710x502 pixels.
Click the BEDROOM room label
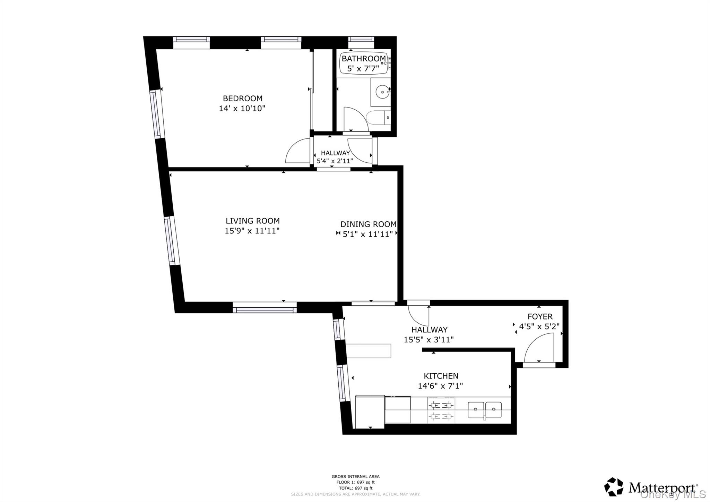pos(242,99)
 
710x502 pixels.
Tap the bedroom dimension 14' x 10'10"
pos(242,109)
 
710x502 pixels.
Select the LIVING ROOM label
pos(252,221)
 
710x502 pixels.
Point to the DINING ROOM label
pos(368,224)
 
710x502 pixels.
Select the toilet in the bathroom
pos(379,118)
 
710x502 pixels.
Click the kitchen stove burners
pos(441,410)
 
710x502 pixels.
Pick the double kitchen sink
pos(485,410)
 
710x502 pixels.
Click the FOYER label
pos(540,316)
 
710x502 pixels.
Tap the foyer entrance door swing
pos(538,348)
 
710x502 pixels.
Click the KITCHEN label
pos(441,376)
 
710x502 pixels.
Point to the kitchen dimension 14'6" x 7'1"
pos(440,386)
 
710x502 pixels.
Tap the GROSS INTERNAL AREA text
pos(355,477)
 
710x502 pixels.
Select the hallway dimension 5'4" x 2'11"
pos(335,161)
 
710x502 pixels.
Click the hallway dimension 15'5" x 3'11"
pos(428,340)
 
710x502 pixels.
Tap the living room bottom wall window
pos(265,307)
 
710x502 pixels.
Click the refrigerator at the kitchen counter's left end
pos(370,411)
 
